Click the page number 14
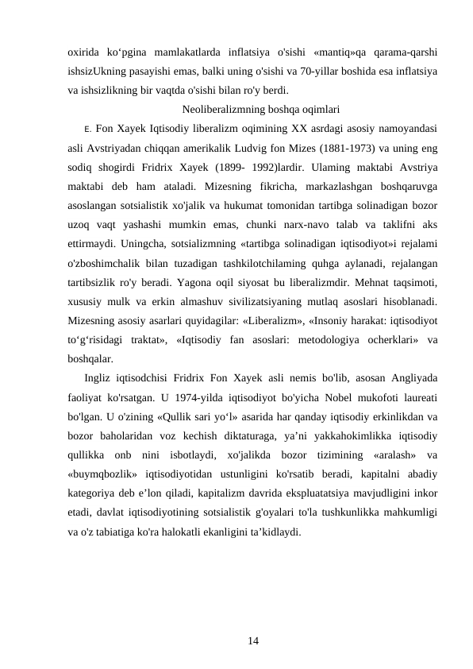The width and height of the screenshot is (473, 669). (x=253, y=639)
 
